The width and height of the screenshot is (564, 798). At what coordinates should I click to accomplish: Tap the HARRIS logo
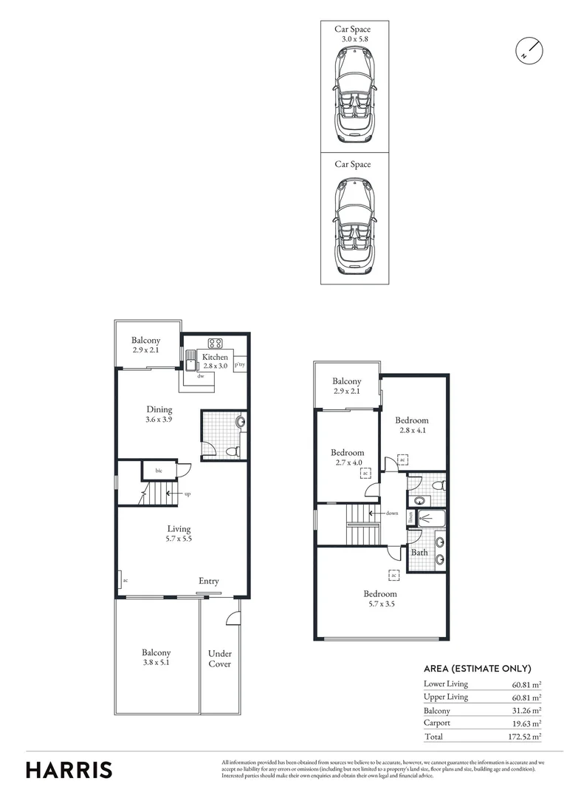(69, 769)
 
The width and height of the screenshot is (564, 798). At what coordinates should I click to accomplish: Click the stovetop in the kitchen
(216, 342)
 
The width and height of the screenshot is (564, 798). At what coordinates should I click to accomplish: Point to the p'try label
(240, 365)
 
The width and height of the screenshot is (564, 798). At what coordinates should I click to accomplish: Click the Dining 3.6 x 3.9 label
(159, 415)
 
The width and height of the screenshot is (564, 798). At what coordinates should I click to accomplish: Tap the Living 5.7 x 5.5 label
(179, 533)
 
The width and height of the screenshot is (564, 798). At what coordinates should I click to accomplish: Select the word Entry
(209, 582)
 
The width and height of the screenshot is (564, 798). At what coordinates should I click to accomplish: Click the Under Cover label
(219, 658)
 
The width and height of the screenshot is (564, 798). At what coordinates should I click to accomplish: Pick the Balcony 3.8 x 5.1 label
(157, 658)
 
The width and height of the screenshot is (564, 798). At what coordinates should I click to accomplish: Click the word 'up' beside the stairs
(188, 494)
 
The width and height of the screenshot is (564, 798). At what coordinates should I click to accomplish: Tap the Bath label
(419, 552)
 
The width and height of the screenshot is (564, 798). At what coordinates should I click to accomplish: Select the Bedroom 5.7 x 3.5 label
(380, 599)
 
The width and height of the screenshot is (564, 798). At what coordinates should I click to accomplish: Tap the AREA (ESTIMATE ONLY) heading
(477, 669)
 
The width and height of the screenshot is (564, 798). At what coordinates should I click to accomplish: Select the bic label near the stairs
(158, 470)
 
